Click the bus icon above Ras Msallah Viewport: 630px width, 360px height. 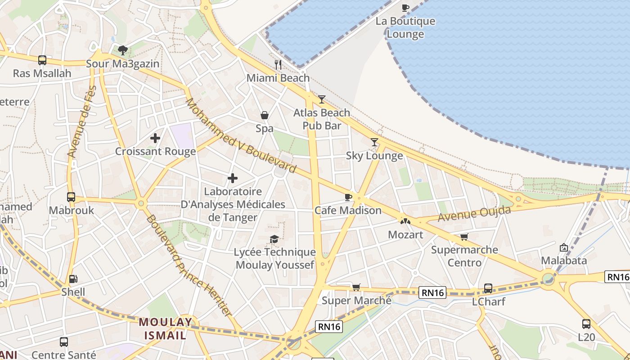click(x=42, y=60)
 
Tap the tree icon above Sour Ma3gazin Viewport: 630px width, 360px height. click(x=122, y=50)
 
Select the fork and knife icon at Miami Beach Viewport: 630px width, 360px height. click(x=278, y=65)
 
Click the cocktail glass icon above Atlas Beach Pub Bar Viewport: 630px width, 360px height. click(x=322, y=99)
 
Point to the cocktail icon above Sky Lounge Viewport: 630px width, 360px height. click(x=374, y=142)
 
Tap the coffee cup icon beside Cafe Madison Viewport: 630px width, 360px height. click(x=348, y=197)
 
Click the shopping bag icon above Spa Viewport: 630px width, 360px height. click(x=265, y=116)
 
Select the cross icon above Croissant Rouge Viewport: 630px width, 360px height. click(x=155, y=138)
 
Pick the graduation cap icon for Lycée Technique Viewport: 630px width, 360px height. click(x=274, y=239)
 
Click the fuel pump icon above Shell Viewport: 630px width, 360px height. click(x=73, y=279)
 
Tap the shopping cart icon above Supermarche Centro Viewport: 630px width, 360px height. click(x=464, y=237)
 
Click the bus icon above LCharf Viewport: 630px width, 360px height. click(x=488, y=288)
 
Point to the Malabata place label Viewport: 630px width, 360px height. click(x=564, y=260)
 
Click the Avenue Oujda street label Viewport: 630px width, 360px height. click(x=474, y=213)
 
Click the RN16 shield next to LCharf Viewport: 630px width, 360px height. click(x=433, y=292)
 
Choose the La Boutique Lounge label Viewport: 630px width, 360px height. click(x=405, y=27)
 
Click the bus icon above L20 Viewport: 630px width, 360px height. click(x=586, y=324)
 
